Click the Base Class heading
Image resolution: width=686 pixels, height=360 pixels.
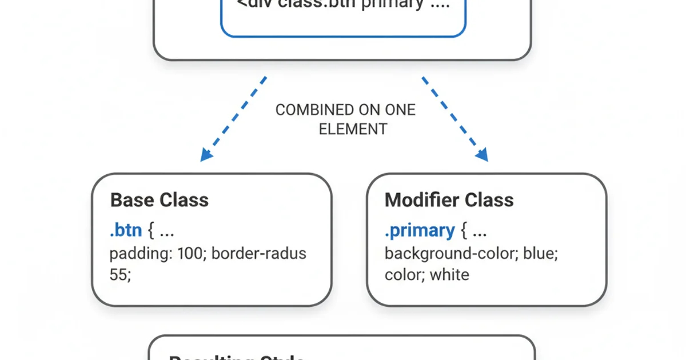coord(159,200)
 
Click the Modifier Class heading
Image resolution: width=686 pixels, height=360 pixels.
coord(449,200)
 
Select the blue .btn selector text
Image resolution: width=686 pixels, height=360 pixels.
coord(126,230)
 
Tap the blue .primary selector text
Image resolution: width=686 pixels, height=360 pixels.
coord(420,230)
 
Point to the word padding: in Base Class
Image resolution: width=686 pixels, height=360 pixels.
coord(138,253)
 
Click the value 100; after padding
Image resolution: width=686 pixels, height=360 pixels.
coord(189,253)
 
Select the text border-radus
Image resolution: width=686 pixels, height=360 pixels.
coord(259,253)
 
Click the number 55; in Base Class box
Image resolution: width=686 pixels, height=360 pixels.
coord(120,275)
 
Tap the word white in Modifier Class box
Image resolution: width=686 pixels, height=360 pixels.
coord(449,275)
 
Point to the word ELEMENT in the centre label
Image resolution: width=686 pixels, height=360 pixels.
coord(353,129)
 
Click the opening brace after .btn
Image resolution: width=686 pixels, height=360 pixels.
coord(151,231)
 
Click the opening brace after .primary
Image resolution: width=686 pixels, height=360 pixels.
coord(464,231)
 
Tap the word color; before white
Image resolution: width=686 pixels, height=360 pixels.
coord(404,275)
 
